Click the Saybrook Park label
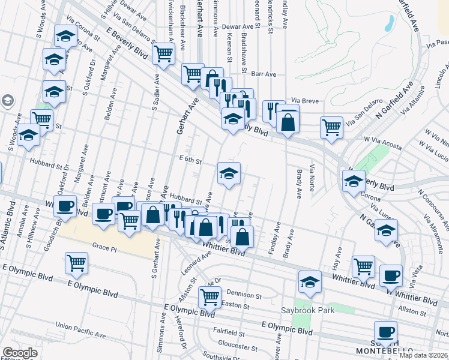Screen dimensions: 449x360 (x=307, y=310)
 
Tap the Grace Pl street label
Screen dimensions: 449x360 (x=106, y=246)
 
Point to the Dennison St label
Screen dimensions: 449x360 (x=244, y=295)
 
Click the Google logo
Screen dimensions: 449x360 (x=20, y=353)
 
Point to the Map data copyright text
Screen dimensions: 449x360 (x=423, y=355)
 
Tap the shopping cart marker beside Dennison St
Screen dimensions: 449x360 (x=210, y=296)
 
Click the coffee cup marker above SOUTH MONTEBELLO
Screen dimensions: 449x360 (x=385, y=331)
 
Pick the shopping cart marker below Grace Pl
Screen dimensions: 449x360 (x=77, y=262)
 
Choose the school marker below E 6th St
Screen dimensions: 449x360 (x=229, y=173)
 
